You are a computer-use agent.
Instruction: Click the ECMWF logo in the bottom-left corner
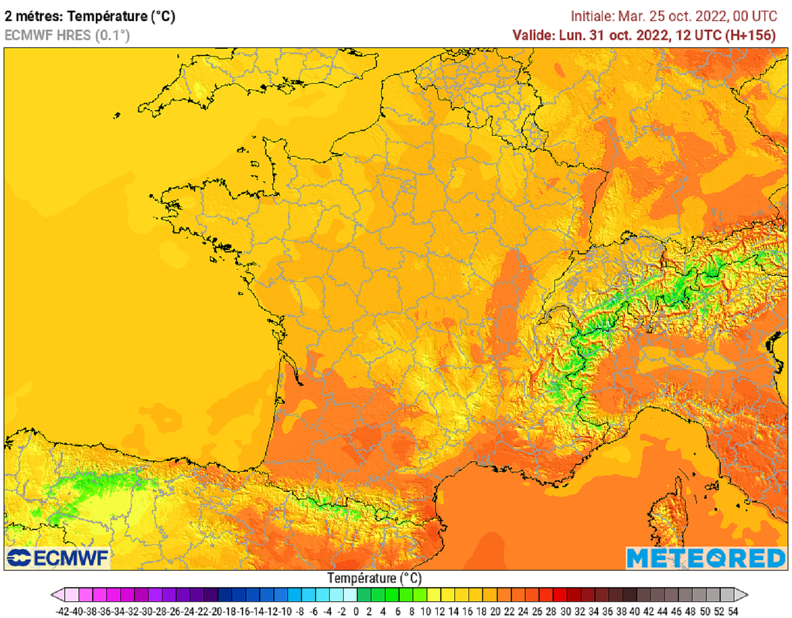pyautogui.click(x=59, y=558)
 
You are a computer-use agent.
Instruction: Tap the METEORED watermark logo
pyautogui.click(x=705, y=558)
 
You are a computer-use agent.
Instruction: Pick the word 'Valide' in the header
pyautogui.click(x=533, y=35)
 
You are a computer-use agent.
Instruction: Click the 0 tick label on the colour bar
pyautogui.click(x=357, y=611)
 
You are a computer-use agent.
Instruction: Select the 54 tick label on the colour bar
pyautogui.click(x=732, y=611)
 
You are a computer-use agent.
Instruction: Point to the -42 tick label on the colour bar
pyautogui.click(x=64, y=611)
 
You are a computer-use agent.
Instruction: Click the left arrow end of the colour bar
pyautogui.click(x=57, y=595)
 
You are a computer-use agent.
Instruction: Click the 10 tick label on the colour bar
pyautogui.click(x=425, y=611)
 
